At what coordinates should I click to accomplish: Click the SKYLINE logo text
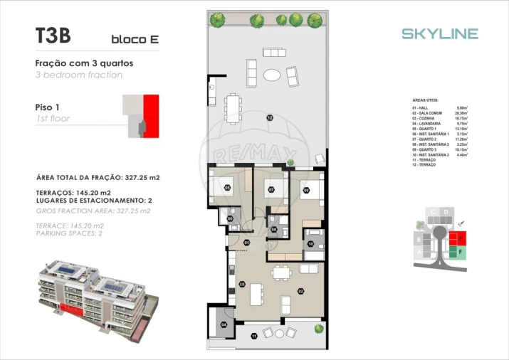(x=439, y=33)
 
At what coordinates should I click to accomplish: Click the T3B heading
(x=53, y=35)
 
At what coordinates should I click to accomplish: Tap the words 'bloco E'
(x=135, y=39)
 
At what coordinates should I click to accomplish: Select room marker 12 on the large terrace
(x=270, y=117)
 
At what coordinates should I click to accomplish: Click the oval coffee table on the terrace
(x=272, y=75)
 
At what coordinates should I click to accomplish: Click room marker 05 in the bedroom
(x=228, y=188)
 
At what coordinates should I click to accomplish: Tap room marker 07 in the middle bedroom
(x=271, y=189)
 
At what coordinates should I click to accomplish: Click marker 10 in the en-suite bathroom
(x=310, y=244)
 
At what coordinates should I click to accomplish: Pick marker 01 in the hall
(x=246, y=243)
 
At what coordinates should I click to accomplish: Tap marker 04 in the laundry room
(x=224, y=324)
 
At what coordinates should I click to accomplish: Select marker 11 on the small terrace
(x=254, y=335)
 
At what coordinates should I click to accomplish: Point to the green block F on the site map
(x=461, y=251)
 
